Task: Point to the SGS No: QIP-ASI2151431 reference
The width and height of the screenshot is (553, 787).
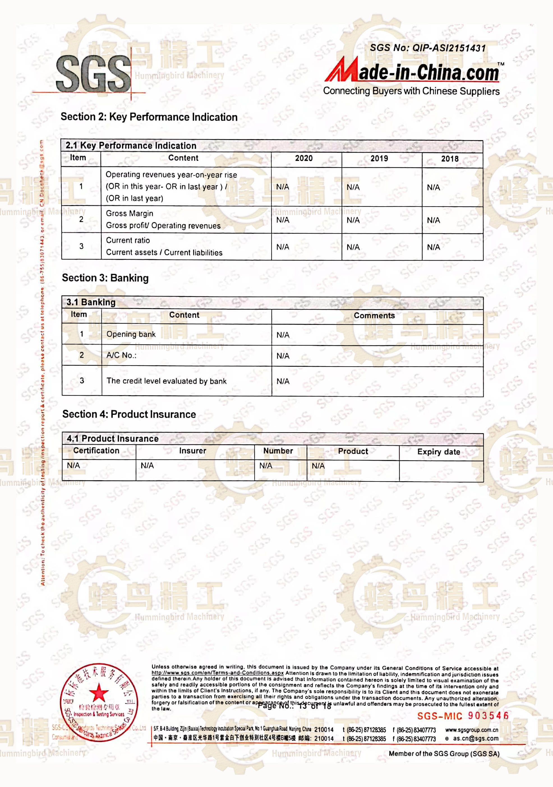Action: coord(427,48)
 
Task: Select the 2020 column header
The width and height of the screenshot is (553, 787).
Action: coord(304,158)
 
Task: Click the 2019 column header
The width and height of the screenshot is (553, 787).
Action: coord(379,158)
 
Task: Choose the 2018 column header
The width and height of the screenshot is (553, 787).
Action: coord(450,159)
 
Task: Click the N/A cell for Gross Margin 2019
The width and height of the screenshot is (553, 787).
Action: coord(353,220)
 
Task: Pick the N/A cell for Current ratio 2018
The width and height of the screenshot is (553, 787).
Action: coord(433,247)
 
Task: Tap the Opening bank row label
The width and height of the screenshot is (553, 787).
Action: coord(131,334)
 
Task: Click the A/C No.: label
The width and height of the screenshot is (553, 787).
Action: coord(121,355)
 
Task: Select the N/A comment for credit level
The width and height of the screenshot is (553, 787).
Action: coord(283,381)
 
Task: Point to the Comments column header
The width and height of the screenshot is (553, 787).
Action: coord(374,315)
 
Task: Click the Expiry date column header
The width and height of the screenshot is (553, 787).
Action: coord(438,452)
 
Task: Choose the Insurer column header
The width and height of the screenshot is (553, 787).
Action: coord(192,451)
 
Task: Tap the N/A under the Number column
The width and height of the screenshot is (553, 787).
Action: coord(266,466)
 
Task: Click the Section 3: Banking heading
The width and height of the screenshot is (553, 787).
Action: coord(105,278)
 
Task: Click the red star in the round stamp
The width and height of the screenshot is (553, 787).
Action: coord(99,692)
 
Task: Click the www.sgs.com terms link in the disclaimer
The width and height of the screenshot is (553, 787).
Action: coord(218,673)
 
